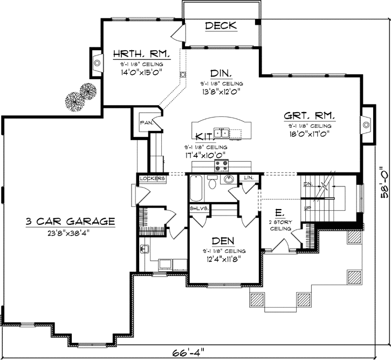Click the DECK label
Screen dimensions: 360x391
[x=222, y=25]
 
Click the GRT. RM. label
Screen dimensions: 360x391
[x=310, y=115]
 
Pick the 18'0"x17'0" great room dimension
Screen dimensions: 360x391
[x=309, y=133]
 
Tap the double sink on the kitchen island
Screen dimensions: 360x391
[x=222, y=133]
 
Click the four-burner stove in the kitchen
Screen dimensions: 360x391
[x=221, y=164]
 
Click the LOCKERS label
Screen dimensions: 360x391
[x=152, y=178]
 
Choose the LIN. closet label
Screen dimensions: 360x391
[x=249, y=177]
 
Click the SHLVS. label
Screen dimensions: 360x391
[x=196, y=208]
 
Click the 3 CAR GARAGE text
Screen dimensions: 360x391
[x=70, y=221]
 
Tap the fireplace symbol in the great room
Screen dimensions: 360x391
[x=366, y=124]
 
